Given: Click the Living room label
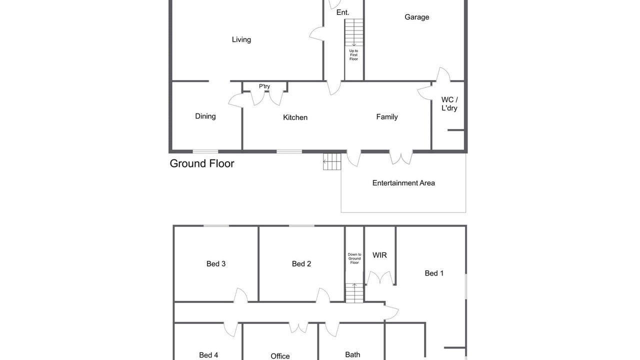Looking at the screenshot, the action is point(241,39).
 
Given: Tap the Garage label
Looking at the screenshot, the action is point(417,17).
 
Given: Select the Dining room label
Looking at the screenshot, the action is point(205,116).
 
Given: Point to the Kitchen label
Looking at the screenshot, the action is point(295,117).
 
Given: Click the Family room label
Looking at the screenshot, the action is point(387,117).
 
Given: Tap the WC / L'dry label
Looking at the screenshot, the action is point(449,103).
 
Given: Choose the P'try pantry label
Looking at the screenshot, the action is point(264,86).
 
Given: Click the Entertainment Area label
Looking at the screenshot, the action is point(403,183).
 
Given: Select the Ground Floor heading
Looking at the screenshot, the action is point(202,163).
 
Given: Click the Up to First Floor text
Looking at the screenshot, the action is point(353,55).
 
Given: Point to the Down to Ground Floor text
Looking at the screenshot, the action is point(354,258).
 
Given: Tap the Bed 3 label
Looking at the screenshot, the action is point(216,263).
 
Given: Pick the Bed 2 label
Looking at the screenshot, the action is point(301,263).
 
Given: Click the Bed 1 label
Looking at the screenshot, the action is point(434,273).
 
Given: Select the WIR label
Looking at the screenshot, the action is point(379,255).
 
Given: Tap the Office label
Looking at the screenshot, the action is point(280,356).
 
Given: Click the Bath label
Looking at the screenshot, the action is point(352,354).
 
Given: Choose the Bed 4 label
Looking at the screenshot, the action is point(208,355).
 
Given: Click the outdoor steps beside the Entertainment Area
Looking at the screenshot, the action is point(332,161).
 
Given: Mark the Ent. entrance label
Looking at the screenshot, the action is point(343,12).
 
